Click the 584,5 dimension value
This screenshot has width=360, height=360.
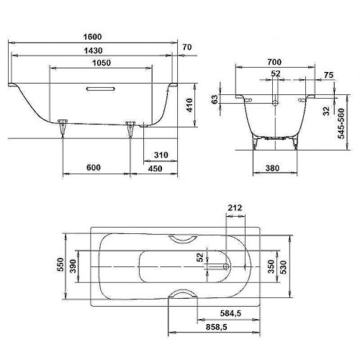[x=233, y=314]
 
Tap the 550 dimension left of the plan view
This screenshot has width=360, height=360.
[x=61, y=267]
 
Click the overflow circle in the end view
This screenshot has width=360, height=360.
[x=274, y=103]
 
